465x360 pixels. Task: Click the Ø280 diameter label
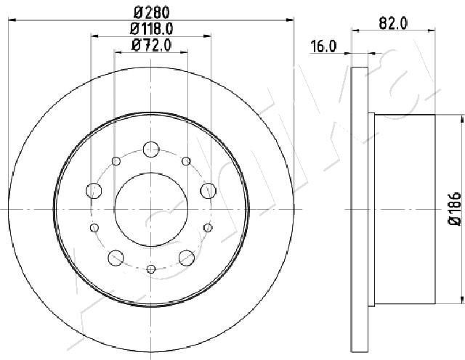(151, 12)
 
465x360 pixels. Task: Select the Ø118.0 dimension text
(151, 29)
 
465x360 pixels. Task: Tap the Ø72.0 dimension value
(151, 46)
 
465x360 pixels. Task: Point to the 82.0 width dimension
(394, 23)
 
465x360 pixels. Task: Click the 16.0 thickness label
(323, 47)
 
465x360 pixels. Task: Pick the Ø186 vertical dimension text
(453, 209)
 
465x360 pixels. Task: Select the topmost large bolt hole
(150, 149)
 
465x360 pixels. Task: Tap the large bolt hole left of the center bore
(94, 191)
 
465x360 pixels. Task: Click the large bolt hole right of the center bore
(207, 191)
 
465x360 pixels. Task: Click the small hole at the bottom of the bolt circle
(150, 269)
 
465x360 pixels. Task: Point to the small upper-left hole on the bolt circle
(115, 160)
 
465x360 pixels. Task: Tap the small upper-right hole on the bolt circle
(186, 160)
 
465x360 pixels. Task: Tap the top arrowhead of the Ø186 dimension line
(462, 116)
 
